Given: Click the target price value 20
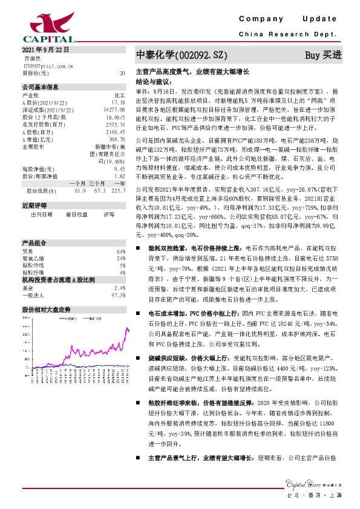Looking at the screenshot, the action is (x=122, y=73).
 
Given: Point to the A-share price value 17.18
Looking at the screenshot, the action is (x=118, y=103).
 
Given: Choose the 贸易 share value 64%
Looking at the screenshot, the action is (x=121, y=251).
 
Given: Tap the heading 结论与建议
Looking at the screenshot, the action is (x=151, y=80).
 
